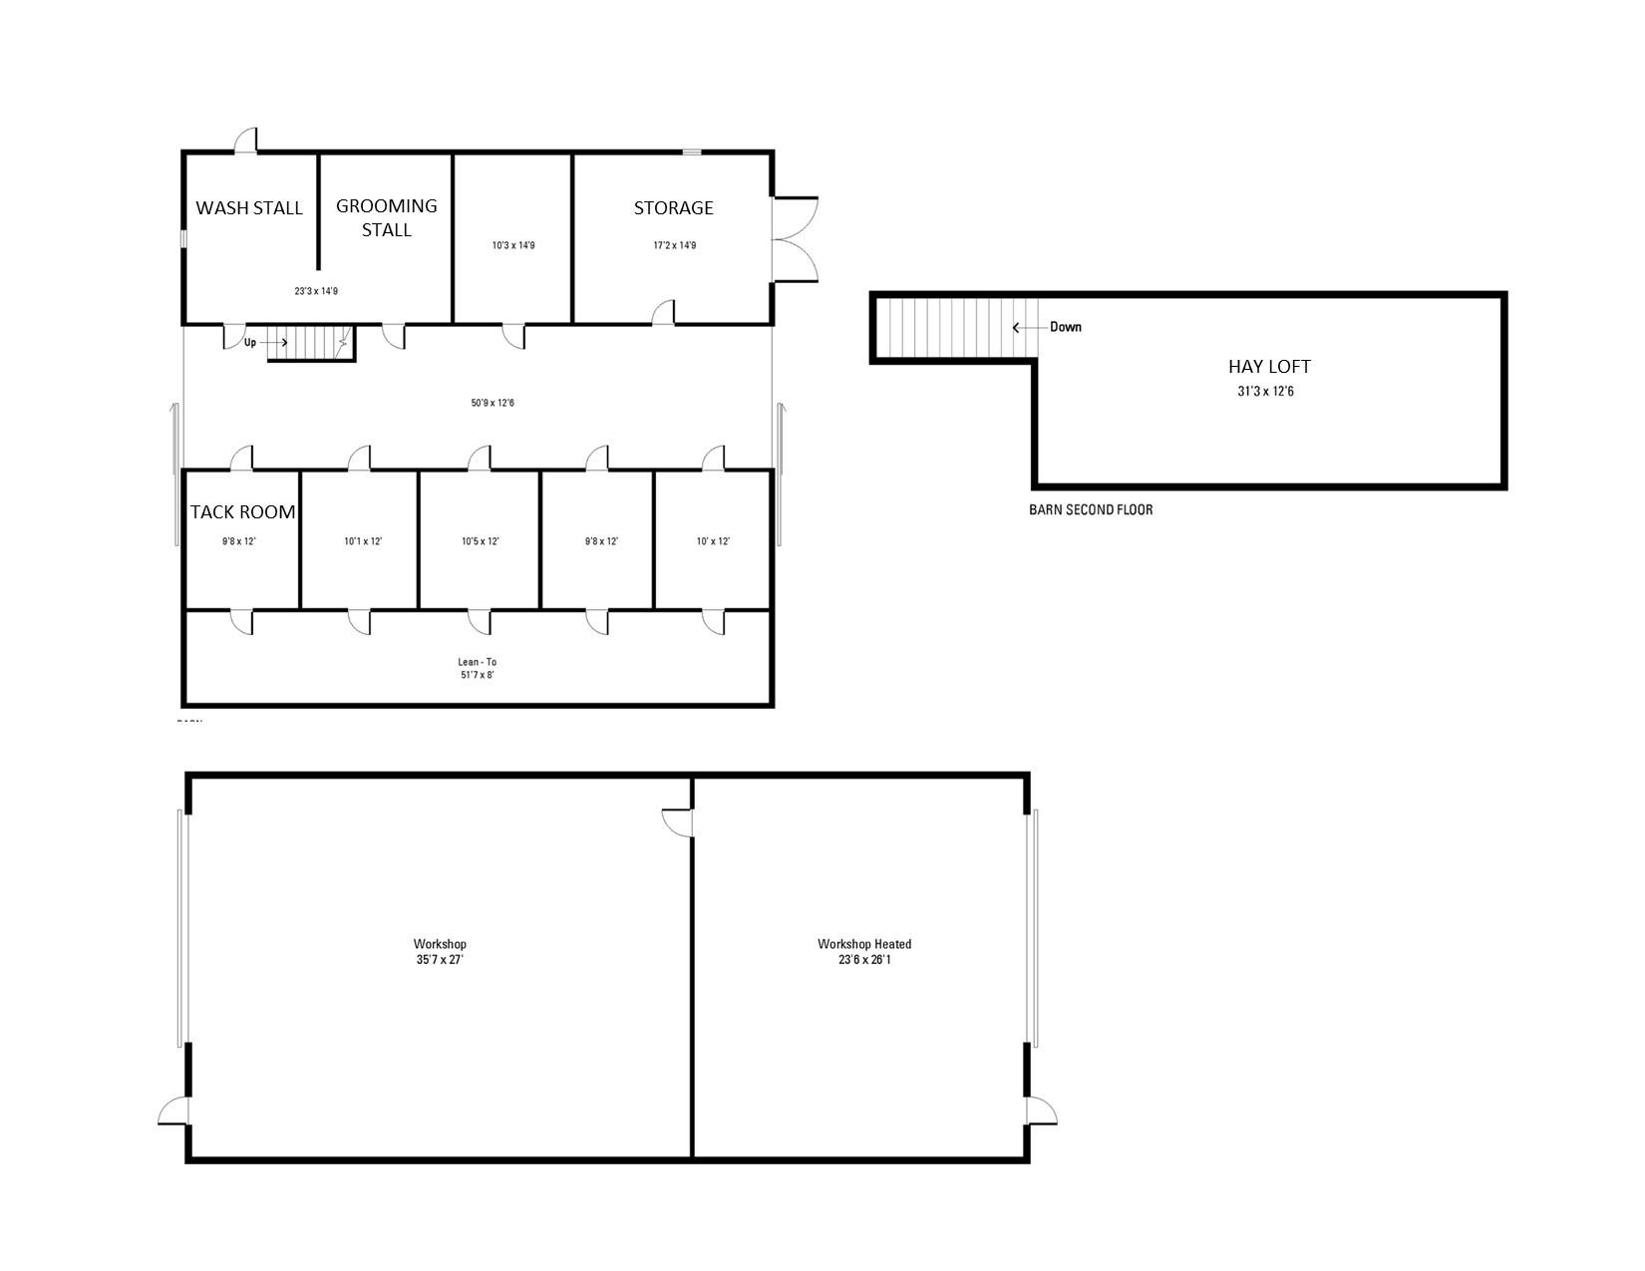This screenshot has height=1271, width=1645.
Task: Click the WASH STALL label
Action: [x=249, y=208]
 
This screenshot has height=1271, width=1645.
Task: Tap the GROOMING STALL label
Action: [x=386, y=217]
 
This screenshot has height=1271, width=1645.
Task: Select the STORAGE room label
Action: [x=674, y=208]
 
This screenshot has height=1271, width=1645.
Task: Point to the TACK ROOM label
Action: [x=243, y=512]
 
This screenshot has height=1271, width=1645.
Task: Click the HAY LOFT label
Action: [x=1269, y=367]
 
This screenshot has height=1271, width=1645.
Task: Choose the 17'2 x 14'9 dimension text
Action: [x=674, y=245]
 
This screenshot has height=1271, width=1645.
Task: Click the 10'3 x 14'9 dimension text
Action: [x=513, y=245]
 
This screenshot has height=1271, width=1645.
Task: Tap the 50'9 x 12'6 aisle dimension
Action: [x=493, y=404]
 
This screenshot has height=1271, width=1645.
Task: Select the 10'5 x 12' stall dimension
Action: [x=480, y=542]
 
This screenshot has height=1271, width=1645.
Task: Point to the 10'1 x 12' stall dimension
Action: [x=363, y=542]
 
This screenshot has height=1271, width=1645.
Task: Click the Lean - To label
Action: [x=477, y=662]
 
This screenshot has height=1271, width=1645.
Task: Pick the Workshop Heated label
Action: [x=864, y=944]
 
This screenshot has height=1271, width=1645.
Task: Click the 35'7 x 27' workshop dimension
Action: [x=440, y=960]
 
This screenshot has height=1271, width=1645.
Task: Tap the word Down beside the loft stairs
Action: [x=1065, y=327]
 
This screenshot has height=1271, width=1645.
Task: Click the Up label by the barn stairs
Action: [x=250, y=343]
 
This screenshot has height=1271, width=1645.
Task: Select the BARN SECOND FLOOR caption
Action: [x=1091, y=510]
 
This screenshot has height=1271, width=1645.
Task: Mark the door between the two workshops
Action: [x=679, y=823]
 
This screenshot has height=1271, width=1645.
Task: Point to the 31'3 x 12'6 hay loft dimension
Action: [x=1266, y=392]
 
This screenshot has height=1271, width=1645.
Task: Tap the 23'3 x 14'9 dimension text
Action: [x=316, y=291]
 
